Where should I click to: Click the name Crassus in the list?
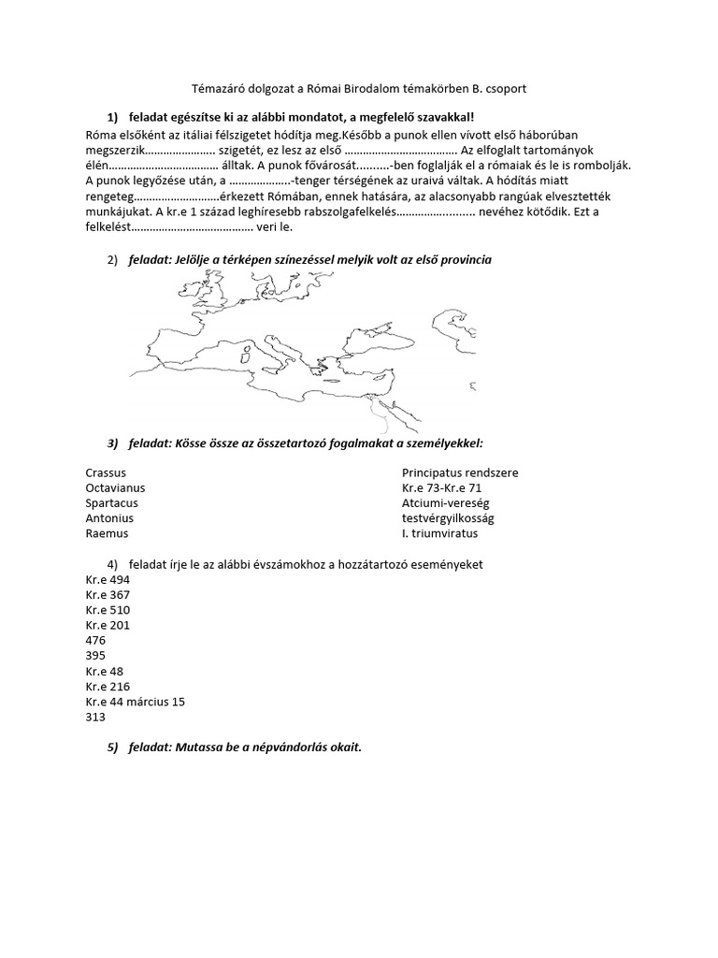(105, 472)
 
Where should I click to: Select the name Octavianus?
(115, 487)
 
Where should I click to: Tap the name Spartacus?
(111, 502)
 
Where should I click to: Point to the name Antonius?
(109, 517)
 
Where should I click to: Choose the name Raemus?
(107, 532)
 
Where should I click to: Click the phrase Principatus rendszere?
(459, 472)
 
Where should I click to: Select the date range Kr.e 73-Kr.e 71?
(441, 487)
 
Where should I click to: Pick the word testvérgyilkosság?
(448, 517)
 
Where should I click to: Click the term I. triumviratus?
(439, 532)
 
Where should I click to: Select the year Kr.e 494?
(108, 580)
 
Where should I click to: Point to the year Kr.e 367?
(108, 595)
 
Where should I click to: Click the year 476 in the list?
(95, 641)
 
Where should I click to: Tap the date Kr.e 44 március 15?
(135, 702)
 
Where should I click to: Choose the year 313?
(95, 717)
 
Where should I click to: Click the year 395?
(95, 656)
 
